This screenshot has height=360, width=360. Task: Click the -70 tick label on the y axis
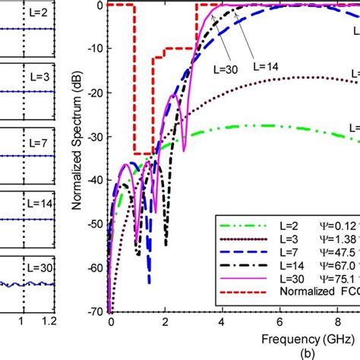95,312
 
